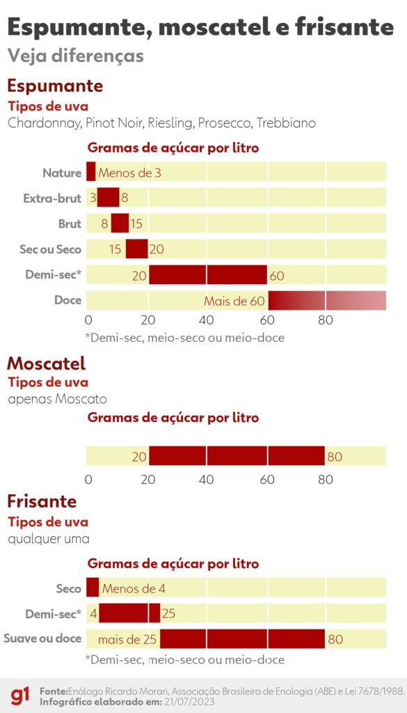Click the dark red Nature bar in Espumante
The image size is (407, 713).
90,171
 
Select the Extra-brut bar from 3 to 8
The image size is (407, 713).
108,198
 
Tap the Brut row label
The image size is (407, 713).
70,224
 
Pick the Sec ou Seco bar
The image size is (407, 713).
136,249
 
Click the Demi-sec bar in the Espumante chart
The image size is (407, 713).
207,275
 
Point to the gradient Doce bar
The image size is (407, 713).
326,301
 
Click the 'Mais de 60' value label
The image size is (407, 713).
234,301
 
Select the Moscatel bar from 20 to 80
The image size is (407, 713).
237,457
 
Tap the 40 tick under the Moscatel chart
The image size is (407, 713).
207,480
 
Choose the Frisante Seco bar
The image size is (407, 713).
93,588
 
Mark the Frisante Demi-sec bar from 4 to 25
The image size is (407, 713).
129,613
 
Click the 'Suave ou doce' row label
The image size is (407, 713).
42,638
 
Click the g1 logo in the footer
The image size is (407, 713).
19,695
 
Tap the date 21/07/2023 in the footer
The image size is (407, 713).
189,701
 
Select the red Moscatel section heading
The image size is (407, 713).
46,363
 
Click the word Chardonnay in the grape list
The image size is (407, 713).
45,123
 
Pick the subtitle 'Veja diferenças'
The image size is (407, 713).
75,56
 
